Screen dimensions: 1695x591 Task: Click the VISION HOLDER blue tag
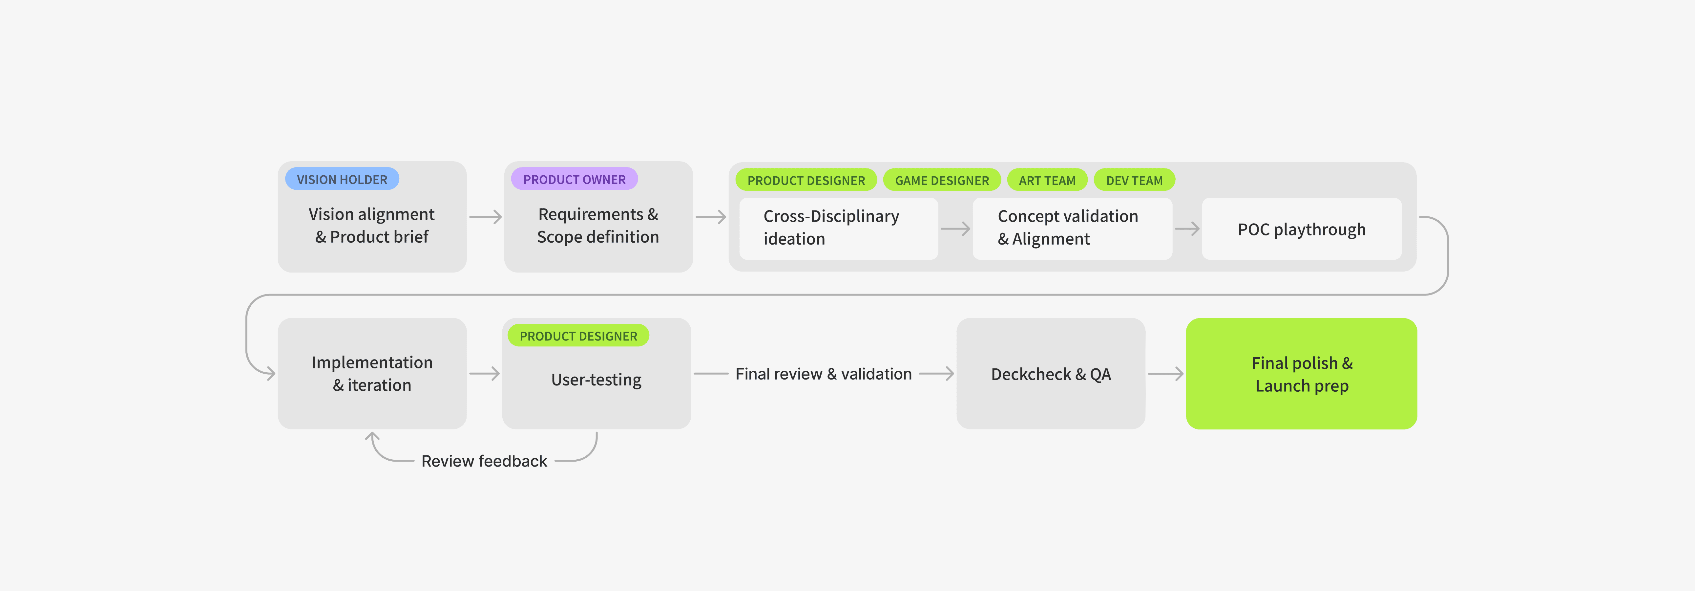pos(342,179)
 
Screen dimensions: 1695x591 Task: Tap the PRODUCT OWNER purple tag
pos(575,179)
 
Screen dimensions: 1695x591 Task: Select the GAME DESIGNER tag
pos(942,180)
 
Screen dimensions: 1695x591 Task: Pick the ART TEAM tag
pos(1047,180)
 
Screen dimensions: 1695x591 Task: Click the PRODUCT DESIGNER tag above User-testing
pos(578,336)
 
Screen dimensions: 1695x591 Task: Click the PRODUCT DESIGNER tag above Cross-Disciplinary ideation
pos(806,180)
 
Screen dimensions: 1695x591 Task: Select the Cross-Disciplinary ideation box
pos(838,229)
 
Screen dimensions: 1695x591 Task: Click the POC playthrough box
pos(1302,229)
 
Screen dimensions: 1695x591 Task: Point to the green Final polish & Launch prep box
pos(1302,374)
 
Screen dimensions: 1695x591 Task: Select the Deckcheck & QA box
pos(1051,374)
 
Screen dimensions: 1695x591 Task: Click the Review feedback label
pos(484,461)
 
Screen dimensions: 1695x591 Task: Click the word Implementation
pos(372,362)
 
